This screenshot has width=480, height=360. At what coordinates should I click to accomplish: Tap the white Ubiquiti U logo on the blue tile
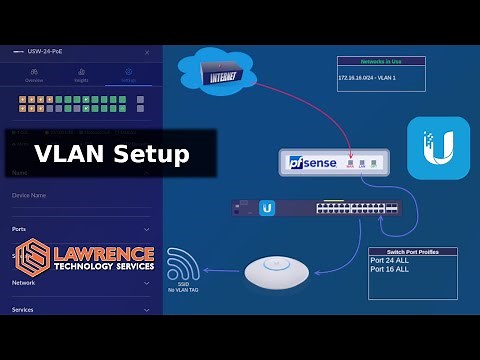pos(438,148)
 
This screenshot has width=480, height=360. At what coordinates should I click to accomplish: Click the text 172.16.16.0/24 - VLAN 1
pos(371,77)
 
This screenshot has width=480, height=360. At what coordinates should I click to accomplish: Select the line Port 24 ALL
pos(391,262)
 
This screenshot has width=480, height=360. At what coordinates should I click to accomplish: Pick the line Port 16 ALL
pos(391,271)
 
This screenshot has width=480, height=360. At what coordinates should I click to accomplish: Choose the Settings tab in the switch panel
pos(127,73)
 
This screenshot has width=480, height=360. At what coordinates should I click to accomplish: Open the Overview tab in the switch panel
pos(34,73)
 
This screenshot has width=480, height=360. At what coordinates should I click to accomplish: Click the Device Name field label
pos(30,195)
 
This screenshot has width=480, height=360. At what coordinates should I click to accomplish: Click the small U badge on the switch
pos(267,208)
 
